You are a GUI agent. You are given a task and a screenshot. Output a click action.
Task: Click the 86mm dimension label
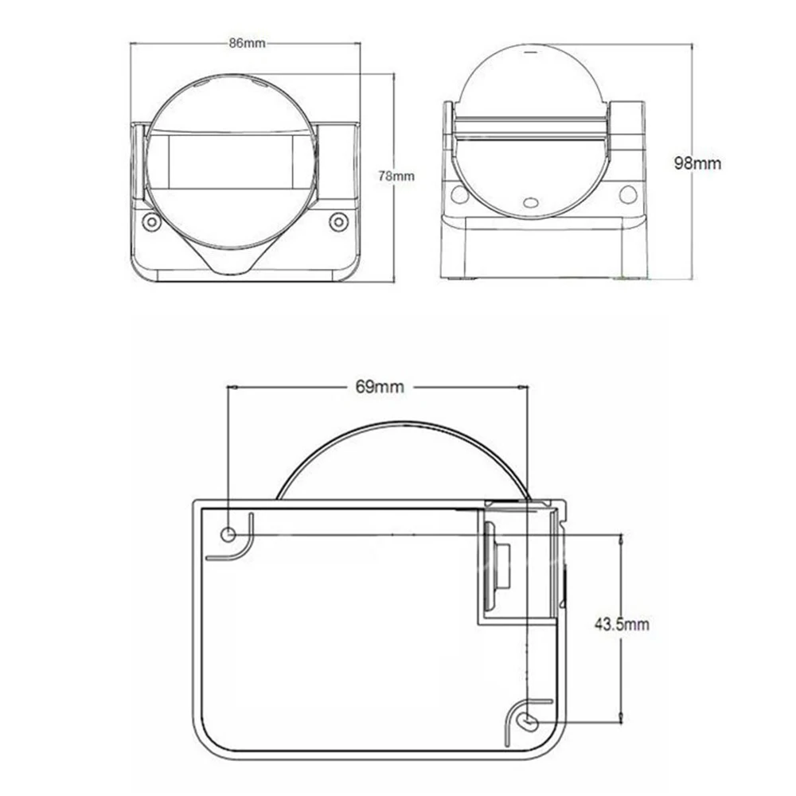tap(248, 43)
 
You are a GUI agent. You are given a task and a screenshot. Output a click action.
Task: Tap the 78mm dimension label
tap(396, 176)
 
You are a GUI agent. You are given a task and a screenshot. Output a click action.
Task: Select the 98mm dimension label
tap(697, 163)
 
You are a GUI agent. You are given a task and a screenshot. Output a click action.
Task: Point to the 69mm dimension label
tap(380, 387)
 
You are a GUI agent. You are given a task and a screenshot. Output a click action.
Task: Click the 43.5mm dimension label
tap(622, 624)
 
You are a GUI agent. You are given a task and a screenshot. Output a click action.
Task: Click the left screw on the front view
tap(151, 222)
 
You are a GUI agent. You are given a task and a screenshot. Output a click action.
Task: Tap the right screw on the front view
tap(338, 222)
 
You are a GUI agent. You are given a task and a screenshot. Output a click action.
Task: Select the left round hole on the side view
tap(459, 194)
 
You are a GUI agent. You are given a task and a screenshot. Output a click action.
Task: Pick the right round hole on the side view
tap(628, 194)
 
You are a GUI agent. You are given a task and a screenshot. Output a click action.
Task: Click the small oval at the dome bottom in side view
tap(532, 202)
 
